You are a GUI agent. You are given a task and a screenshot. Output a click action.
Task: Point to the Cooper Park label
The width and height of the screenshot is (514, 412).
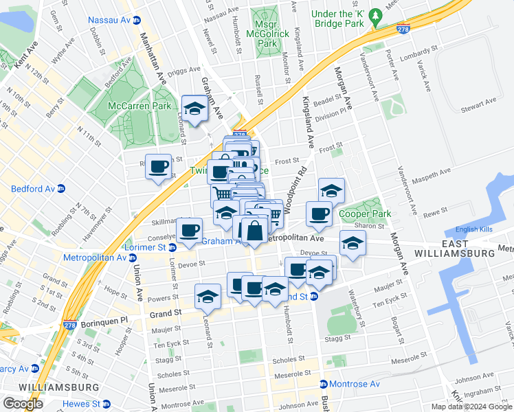(365, 214)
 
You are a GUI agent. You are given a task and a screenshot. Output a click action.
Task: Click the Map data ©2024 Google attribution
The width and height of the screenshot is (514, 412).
(471, 407)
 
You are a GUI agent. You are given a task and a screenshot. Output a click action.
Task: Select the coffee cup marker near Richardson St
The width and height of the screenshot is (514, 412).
(159, 165)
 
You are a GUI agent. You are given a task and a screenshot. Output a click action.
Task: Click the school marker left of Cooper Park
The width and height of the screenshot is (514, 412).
(331, 190)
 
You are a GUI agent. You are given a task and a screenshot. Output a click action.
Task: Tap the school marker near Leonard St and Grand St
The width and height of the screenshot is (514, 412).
(208, 296)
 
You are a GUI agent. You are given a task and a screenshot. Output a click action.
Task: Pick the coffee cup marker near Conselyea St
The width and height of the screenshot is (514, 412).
(189, 229)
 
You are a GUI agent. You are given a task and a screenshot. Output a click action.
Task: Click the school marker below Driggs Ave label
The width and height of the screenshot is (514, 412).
(194, 108)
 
